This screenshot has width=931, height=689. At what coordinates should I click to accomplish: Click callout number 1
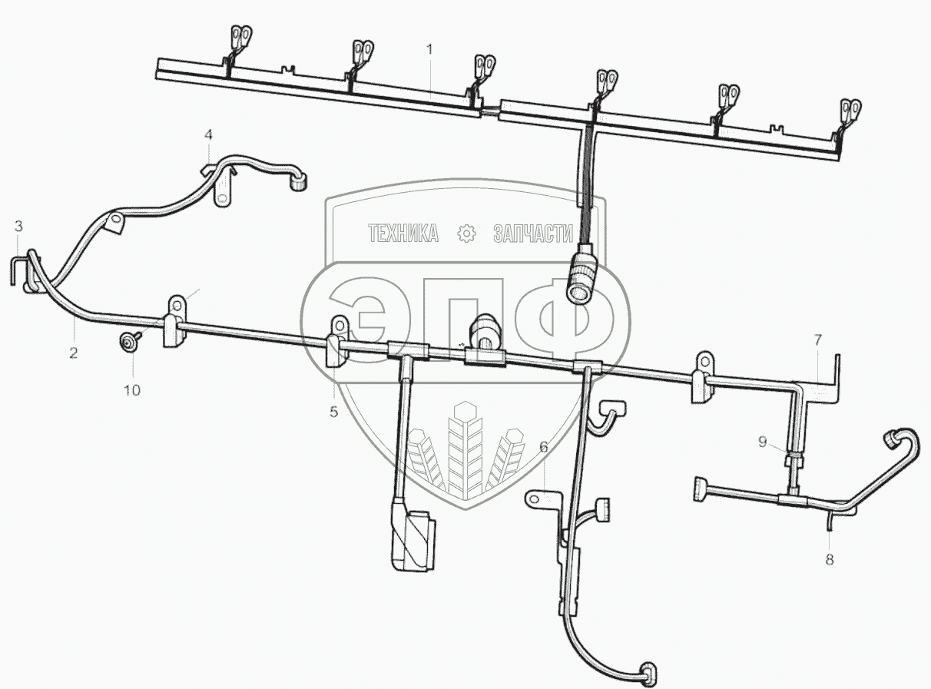(430, 49)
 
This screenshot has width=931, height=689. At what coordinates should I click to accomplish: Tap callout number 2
(73, 353)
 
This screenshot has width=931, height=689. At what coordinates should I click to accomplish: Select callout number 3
(19, 226)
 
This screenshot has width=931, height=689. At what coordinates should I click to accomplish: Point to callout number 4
(208, 135)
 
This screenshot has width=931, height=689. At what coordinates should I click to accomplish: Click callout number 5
(333, 412)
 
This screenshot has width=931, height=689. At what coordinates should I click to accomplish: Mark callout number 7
(818, 339)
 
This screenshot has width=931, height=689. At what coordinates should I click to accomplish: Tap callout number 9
(762, 441)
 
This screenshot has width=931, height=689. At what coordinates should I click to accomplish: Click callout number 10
(132, 390)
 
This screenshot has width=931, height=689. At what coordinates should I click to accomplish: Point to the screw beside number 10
(126, 341)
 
